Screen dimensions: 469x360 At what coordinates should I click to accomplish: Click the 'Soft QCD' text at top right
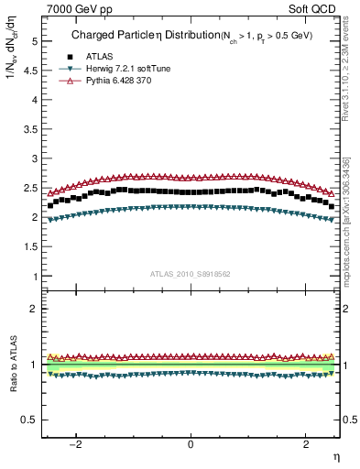[x=314, y=7]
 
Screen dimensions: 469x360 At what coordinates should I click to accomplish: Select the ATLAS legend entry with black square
[x=101, y=56]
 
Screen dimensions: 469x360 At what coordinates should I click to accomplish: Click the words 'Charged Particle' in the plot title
[x=109, y=37]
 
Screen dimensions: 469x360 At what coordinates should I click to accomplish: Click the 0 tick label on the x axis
[x=191, y=444]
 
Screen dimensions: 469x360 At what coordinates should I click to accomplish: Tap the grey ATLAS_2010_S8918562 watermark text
[x=191, y=273]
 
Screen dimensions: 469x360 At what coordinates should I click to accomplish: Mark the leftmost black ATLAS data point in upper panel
[x=50, y=205]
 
